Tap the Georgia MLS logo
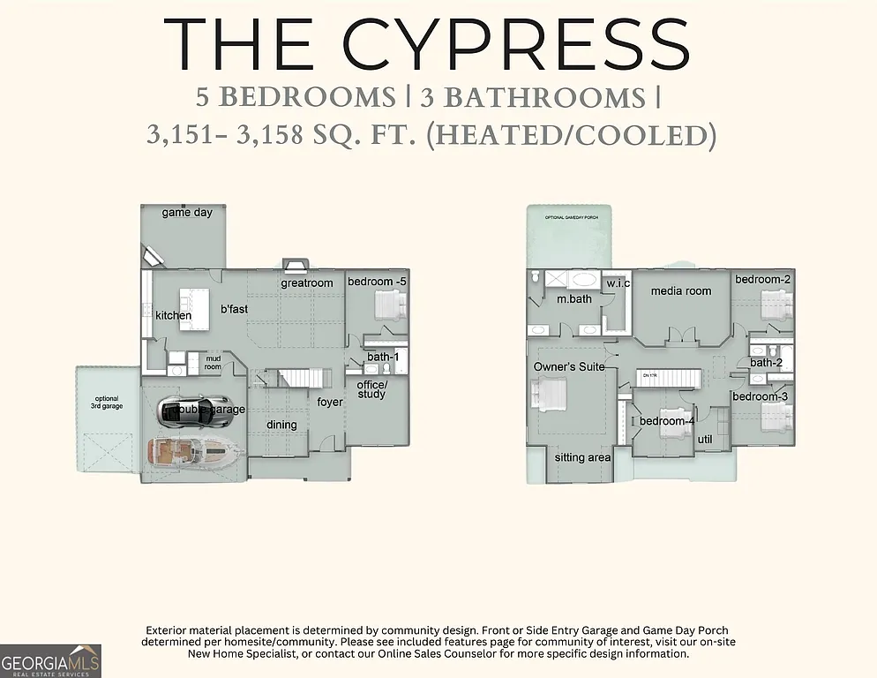(51, 660)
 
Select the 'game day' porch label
(187, 213)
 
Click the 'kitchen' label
(173, 315)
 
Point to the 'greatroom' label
(306, 283)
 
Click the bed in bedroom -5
(389, 306)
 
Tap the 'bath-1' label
(383, 357)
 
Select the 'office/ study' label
(371, 389)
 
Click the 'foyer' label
(330, 403)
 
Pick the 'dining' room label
(282, 425)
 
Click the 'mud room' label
(214, 362)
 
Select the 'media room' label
(680, 290)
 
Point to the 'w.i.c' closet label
(617, 283)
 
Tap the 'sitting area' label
(582, 458)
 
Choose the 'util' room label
(705, 439)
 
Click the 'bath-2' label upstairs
(767, 362)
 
